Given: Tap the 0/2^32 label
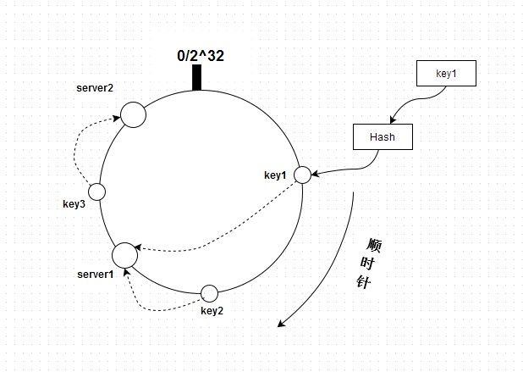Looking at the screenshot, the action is [x=201, y=56].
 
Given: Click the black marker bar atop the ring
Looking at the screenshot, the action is [x=197, y=77].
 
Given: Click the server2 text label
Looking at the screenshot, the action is [x=95, y=88].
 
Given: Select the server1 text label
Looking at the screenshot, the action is [x=96, y=275].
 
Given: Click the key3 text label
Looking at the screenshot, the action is [x=74, y=204].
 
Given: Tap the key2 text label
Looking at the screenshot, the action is [x=212, y=310].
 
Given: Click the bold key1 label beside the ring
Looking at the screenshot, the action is [x=275, y=175].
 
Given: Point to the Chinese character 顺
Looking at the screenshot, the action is [x=374, y=245].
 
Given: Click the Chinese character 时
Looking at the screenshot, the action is [x=367, y=264].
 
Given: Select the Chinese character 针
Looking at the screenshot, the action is [x=364, y=281].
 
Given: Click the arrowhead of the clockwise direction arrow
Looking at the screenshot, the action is [x=281, y=323].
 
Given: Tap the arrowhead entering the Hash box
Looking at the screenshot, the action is [x=393, y=119].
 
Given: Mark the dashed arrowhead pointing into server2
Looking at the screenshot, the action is [x=117, y=118].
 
